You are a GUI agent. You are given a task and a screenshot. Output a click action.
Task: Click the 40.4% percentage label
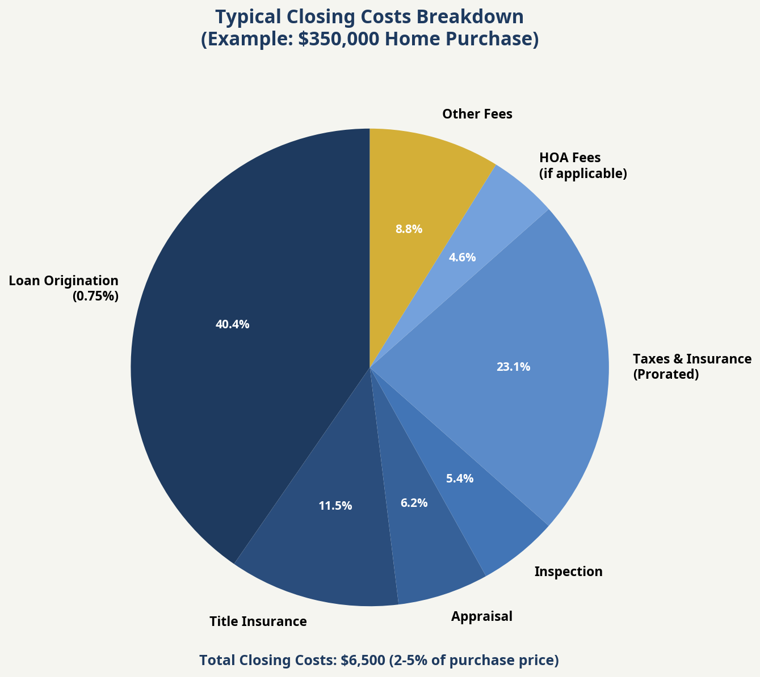232,325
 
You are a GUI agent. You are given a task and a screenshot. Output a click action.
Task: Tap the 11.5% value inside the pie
335,506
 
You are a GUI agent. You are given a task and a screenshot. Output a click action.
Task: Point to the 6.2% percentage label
414,503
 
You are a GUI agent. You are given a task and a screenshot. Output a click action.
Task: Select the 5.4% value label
459,479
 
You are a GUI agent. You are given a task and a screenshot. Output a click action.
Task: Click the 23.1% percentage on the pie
513,367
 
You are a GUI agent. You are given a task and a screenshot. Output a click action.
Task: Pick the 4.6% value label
462,257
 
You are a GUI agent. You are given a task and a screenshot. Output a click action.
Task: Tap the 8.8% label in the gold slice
409,229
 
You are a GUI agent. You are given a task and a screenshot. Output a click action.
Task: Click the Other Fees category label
477,114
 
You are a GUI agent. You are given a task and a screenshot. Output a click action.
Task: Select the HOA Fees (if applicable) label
582,165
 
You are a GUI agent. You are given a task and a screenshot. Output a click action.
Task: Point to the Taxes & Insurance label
691,359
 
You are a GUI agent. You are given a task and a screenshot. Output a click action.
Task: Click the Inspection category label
568,572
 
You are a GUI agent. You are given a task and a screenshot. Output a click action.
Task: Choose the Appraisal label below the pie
481,616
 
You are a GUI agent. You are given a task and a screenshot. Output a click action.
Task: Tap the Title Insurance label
258,621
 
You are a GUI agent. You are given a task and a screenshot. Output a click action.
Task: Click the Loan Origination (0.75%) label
64,288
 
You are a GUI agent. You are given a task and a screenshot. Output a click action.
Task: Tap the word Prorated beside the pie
666,375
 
